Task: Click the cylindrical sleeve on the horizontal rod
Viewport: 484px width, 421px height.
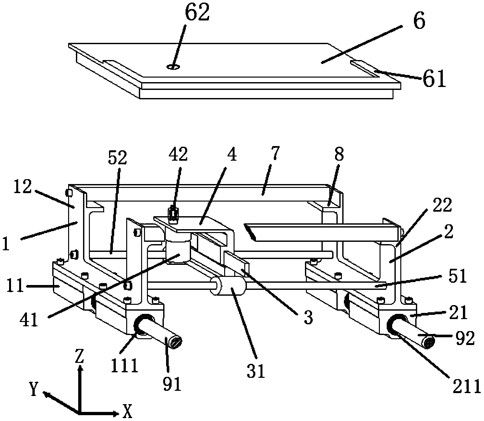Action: click(x=228, y=286)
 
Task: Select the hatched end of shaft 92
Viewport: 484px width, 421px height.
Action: click(x=429, y=342)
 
